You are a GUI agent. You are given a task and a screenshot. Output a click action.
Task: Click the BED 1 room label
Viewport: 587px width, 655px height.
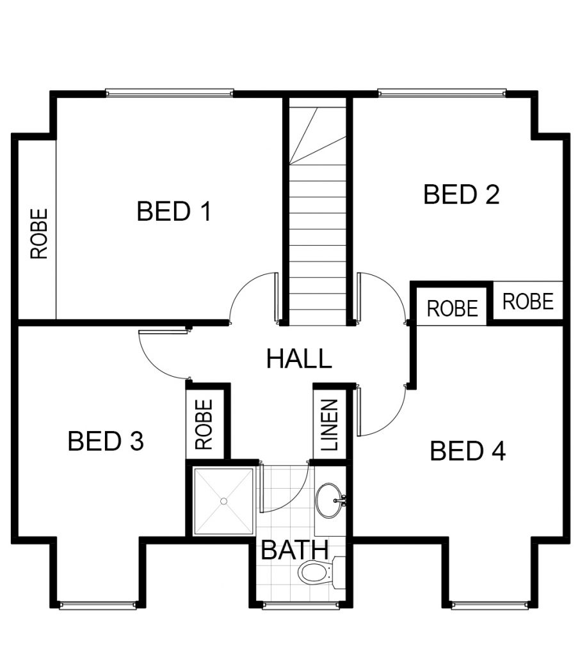pyautogui.click(x=174, y=211)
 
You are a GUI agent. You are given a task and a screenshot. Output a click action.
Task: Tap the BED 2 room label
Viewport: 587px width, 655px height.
pyautogui.click(x=461, y=194)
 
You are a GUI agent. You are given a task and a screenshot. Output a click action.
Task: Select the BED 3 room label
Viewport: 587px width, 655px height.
pyautogui.click(x=106, y=441)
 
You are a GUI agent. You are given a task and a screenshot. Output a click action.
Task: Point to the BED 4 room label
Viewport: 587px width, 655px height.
pyautogui.click(x=467, y=451)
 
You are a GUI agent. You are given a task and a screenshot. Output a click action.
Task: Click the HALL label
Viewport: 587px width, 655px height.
pyautogui.click(x=299, y=358)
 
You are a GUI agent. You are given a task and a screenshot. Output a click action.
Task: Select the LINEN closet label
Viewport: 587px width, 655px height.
pyautogui.click(x=330, y=425)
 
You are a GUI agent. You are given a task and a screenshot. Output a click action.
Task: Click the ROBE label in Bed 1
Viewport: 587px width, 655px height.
pyautogui.click(x=39, y=234)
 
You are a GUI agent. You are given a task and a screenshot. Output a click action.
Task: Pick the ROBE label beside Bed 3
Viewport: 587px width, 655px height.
pyautogui.click(x=204, y=425)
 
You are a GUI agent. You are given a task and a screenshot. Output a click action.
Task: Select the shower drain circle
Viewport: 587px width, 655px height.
pyautogui.click(x=223, y=501)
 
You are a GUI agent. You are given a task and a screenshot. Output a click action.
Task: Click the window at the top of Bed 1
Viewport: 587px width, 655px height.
pyautogui.click(x=170, y=92)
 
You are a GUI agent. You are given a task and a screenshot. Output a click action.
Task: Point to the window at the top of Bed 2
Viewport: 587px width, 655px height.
pyautogui.click(x=442, y=92)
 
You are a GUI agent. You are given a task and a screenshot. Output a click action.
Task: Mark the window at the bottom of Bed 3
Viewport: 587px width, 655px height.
pyautogui.click(x=98, y=604)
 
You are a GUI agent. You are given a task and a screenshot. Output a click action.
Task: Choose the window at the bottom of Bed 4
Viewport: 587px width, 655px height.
pyautogui.click(x=491, y=604)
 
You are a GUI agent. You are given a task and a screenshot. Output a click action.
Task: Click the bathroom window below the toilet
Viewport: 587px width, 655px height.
pyautogui.click(x=301, y=604)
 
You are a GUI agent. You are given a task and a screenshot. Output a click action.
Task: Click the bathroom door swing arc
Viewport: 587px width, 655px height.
pyautogui.click(x=294, y=499)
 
